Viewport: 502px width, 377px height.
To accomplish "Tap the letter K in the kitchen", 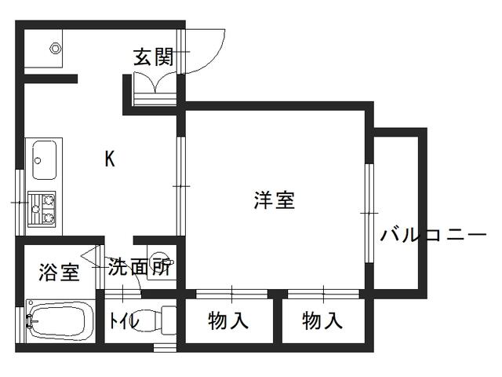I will (x=110, y=159).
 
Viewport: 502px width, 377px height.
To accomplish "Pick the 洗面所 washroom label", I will (x=140, y=267).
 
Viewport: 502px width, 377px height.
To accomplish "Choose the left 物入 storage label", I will (x=228, y=320).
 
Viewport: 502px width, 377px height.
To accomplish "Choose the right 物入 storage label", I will (x=322, y=320).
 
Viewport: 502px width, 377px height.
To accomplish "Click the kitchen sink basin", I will (x=43, y=160).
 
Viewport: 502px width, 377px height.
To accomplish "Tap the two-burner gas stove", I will (x=42, y=208).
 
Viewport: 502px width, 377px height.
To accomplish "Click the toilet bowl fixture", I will (x=165, y=320).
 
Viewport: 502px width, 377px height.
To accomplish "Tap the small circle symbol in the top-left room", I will (x=55, y=47).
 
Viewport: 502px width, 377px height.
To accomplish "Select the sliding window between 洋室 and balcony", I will (x=367, y=212).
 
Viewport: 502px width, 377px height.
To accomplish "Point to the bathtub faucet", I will (x=30, y=320).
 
